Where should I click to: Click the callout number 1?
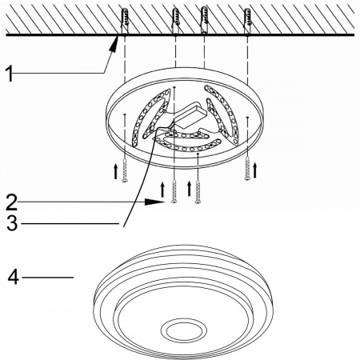tap(10, 74)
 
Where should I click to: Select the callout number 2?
tap(12, 202)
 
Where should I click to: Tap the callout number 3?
tap(12, 223)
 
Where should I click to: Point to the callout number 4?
tap(14, 278)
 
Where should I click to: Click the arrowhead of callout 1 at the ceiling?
tap(114, 43)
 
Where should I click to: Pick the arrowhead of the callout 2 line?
tap(154, 202)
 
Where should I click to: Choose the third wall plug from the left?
tap(204, 20)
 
